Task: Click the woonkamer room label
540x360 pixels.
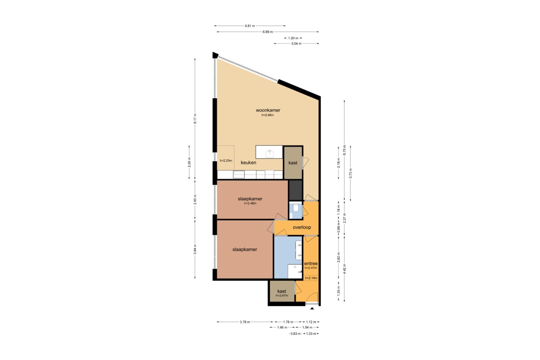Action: pos(268,110)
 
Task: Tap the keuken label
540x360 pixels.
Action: pos(248,162)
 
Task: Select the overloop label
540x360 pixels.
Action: pos(302,227)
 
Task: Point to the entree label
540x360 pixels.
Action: pos(311,264)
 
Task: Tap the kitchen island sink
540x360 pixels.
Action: pos(269,153)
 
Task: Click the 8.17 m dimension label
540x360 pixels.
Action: pos(195,119)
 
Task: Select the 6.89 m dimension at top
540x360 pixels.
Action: pos(268,32)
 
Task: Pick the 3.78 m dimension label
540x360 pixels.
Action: pos(245,322)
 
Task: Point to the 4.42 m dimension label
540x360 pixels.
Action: pos(345,269)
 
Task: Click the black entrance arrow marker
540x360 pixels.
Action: pos(312,308)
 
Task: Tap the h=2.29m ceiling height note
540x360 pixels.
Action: pos(226,161)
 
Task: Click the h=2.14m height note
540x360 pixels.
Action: pos(311,278)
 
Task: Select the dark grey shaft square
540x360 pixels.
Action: pos(296,190)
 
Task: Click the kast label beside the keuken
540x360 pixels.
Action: pos(293,163)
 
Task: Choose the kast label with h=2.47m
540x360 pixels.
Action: pos(282,291)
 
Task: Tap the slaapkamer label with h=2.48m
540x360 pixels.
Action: pos(250,199)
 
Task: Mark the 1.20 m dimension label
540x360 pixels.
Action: pos(293,38)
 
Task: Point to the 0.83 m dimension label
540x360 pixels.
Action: pos(296,334)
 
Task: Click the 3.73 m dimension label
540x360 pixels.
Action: pos(351,173)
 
